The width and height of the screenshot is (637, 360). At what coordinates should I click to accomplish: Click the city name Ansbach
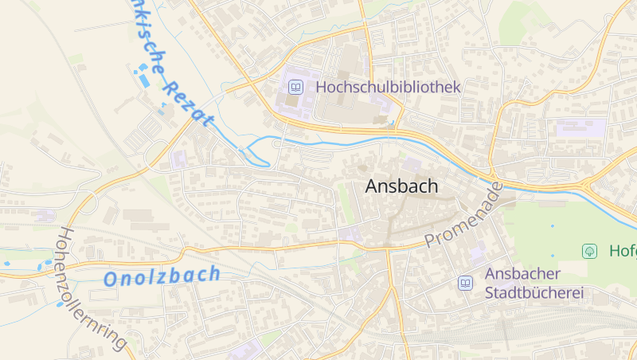(401, 186)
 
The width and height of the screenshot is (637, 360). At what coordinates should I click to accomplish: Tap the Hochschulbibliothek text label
(389, 87)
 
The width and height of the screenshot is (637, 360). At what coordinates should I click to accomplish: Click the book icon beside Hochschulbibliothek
(295, 87)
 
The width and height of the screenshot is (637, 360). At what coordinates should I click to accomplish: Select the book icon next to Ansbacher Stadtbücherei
(465, 283)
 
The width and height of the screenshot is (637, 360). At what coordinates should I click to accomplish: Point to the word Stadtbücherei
(534, 293)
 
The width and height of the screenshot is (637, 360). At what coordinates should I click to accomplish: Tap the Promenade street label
(465, 215)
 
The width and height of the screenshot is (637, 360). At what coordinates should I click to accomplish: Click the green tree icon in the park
(589, 251)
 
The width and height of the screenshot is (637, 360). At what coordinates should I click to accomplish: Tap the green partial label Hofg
(623, 251)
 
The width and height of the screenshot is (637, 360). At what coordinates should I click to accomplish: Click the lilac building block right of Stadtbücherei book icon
(478, 254)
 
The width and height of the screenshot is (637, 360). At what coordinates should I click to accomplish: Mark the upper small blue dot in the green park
(552, 226)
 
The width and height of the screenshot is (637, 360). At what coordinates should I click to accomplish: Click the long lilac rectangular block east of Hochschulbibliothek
(580, 127)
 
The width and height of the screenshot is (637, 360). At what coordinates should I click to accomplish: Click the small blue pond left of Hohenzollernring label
(6, 262)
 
